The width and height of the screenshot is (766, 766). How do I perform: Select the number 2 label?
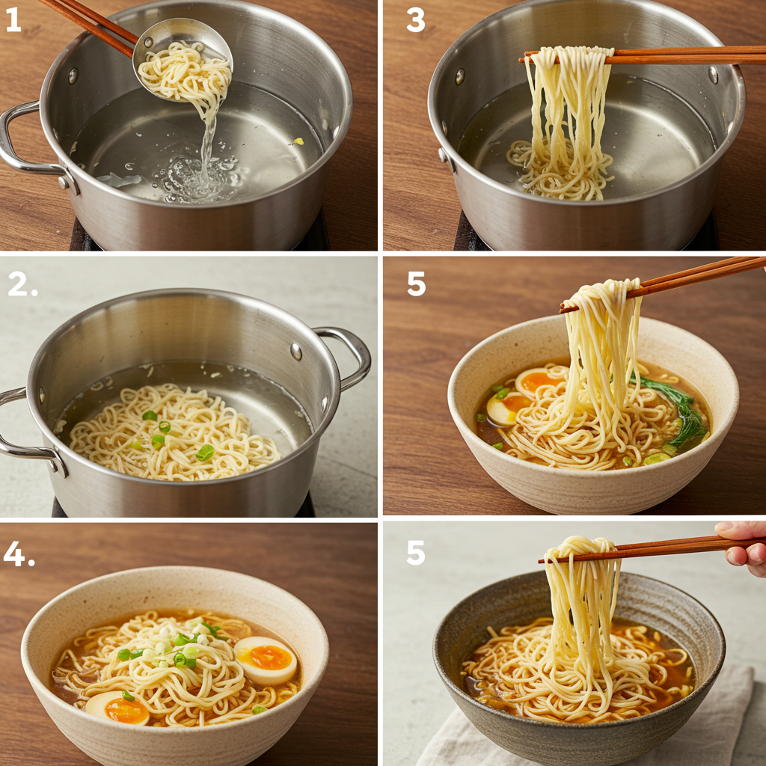(x=22, y=285)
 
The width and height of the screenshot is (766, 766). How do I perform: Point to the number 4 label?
(x=19, y=554)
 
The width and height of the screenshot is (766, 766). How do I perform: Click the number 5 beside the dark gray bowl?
(x=415, y=553)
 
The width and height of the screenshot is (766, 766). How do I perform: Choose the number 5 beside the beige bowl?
(x=416, y=284)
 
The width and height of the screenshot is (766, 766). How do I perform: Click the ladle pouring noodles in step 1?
(x=183, y=58)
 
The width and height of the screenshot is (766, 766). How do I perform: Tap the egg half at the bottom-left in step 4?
(x=117, y=708)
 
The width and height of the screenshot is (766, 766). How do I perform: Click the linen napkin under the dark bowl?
(x=586, y=723)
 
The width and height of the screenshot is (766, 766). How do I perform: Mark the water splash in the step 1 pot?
(x=200, y=176)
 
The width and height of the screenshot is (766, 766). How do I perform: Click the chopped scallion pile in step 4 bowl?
(x=176, y=640)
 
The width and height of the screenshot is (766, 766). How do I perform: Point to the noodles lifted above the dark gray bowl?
(x=581, y=610)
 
